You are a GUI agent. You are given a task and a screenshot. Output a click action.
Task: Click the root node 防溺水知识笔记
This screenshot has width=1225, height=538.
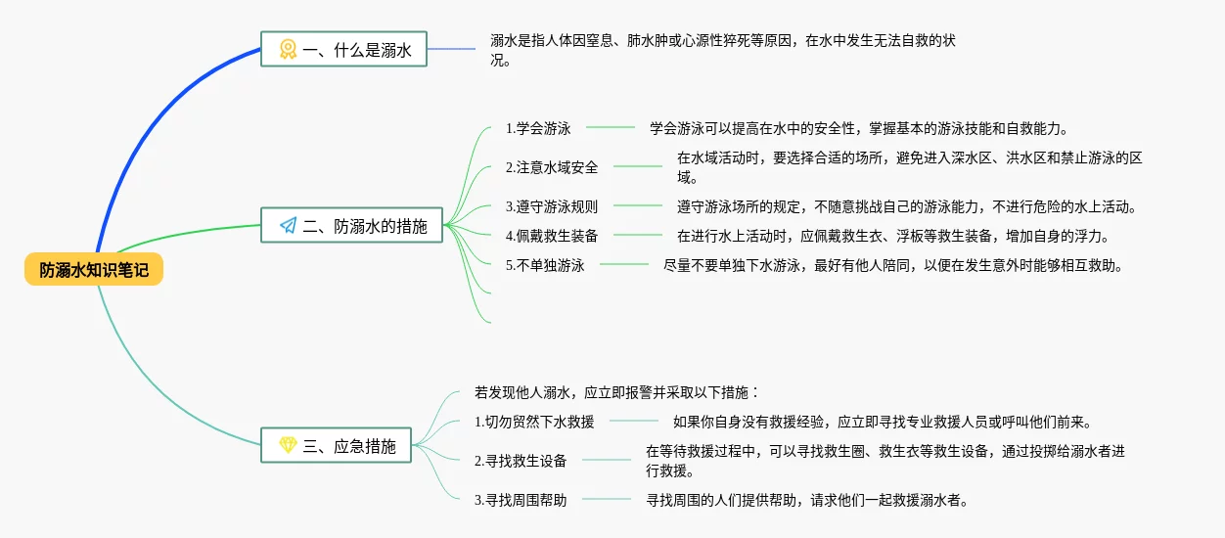[x=94, y=270]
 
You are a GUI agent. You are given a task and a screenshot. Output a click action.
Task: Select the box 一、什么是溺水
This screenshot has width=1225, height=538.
[x=343, y=49]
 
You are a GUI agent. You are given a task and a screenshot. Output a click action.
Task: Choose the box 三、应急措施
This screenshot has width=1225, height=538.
[x=336, y=445]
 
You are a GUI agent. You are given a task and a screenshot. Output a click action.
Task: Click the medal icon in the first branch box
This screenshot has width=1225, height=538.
[x=288, y=49]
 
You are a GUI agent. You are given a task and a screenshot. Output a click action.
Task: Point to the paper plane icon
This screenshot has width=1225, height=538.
[x=288, y=226]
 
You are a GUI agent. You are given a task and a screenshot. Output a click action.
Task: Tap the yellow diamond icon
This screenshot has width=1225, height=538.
[x=288, y=445]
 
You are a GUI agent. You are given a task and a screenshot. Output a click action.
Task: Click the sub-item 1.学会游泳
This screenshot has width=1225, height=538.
[x=538, y=128]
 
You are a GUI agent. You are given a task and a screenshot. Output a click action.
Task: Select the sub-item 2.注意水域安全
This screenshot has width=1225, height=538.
[x=552, y=167]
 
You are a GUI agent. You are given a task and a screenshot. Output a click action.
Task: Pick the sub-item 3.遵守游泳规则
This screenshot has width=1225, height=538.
[x=552, y=206]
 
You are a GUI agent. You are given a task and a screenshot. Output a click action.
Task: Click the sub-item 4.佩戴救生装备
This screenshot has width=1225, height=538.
[x=552, y=235]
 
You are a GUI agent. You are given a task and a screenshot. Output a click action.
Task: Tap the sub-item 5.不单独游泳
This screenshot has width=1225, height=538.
[x=545, y=264]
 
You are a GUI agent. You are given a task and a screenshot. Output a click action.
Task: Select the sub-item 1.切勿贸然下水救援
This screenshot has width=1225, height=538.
[x=534, y=422]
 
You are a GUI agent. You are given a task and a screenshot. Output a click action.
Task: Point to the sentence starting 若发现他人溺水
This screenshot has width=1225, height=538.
[x=617, y=392]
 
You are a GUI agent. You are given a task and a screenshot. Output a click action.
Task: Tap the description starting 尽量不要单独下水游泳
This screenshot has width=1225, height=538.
[x=892, y=264]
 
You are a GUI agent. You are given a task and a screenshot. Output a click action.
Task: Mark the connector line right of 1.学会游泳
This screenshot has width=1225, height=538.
[x=611, y=127]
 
